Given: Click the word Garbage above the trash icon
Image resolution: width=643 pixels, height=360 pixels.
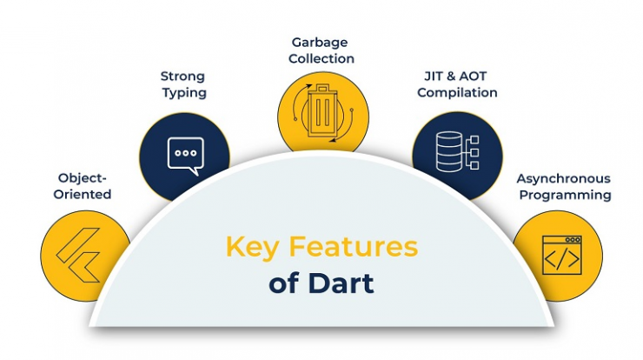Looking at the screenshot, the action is [320, 43].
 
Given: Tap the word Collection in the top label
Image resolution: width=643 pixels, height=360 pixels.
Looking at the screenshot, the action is [321, 59].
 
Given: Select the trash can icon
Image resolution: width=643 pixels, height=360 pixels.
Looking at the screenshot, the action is [321, 111].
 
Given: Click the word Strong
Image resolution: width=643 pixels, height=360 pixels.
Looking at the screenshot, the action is [182, 77].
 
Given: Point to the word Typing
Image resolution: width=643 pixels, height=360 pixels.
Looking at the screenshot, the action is [184, 93].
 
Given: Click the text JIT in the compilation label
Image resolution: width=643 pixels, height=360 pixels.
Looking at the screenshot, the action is [433, 77].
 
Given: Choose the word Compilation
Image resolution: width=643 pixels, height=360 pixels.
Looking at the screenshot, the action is [457, 93].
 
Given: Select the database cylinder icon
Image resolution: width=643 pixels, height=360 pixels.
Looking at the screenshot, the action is [449, 151].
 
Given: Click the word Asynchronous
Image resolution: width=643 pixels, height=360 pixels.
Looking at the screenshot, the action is [563, 179].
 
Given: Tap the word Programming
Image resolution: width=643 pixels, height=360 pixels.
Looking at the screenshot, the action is [565, 196].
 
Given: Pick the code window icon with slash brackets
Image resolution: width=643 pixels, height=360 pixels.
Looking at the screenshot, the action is [562, 255].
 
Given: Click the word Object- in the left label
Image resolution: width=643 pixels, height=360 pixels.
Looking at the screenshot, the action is [82, 178].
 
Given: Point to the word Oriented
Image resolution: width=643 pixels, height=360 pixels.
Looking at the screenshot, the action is [83, 194].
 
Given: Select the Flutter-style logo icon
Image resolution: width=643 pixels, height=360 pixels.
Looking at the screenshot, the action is [78, 255].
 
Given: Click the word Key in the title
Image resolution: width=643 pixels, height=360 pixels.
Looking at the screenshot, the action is [253, 248].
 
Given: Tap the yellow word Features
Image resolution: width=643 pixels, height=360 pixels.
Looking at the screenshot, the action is [354, 246].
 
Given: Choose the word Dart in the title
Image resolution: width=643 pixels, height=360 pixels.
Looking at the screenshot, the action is [341, 283].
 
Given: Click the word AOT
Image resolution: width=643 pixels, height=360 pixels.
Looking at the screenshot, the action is [473, 77].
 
